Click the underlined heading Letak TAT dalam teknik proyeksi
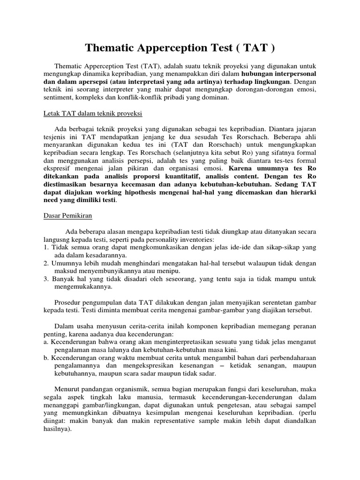92,114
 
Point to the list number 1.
45,247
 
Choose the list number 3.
45,279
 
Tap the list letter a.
45,342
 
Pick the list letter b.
45,358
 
